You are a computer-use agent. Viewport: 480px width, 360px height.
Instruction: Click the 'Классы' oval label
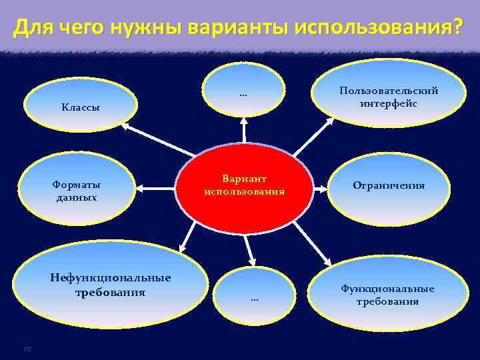81,107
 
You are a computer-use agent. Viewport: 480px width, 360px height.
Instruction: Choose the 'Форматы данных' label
77,191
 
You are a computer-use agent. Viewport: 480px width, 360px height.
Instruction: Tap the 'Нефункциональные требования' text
111,285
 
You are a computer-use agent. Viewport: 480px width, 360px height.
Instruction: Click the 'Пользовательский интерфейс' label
389,97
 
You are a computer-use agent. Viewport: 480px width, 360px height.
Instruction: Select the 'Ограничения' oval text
389,185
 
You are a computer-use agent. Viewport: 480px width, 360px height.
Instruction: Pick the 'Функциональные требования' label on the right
387,295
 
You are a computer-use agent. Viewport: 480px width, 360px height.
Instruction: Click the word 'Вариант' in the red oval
244,179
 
